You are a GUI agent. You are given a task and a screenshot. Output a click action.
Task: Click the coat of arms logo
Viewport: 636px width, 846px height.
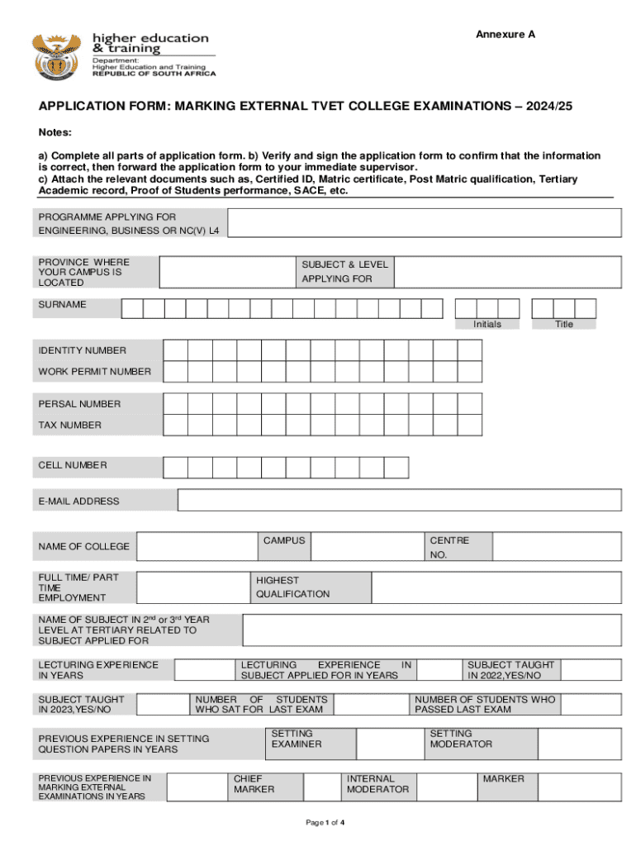tap(57, 55)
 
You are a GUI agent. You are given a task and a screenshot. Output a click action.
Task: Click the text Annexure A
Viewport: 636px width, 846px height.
tap(505, 34)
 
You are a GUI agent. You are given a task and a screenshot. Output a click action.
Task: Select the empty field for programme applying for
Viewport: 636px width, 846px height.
tap(424, 222)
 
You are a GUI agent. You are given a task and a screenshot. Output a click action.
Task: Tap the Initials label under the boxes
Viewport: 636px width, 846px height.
tap(487, 324)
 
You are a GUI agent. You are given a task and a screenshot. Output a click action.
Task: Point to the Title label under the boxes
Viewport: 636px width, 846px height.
tap(564, 324)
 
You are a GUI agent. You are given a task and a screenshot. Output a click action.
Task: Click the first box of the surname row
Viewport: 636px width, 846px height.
tap(132, 308)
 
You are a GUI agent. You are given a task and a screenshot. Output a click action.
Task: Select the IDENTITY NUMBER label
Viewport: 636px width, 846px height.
tap(83, 350)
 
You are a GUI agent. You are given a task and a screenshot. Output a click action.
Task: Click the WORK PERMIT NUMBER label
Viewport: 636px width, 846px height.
tap(94, 372)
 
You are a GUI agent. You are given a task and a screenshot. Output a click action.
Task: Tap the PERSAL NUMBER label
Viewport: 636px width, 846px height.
tap(79, 404)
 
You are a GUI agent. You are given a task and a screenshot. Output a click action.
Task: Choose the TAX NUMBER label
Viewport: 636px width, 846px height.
tap(70, 425)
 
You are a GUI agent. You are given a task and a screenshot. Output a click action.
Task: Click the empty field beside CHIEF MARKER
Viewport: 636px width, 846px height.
tap(323, 787)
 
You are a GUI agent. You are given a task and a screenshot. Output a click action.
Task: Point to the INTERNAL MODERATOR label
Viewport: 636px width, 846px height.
tap(377, 784)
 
